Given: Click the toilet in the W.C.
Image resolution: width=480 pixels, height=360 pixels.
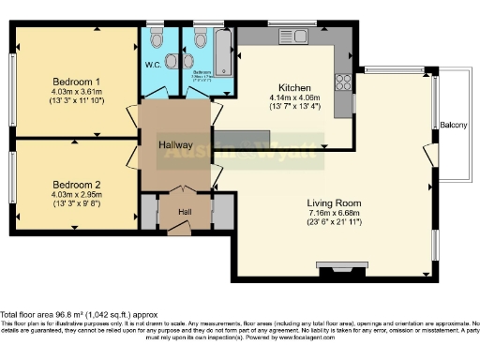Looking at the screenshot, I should [156, 40].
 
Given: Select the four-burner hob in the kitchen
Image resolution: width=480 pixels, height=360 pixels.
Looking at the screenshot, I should [343, 81].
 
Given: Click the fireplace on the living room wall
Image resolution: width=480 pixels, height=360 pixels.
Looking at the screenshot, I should [335, 273].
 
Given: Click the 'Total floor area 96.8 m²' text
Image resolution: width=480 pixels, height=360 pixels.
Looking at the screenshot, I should [79, 314].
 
